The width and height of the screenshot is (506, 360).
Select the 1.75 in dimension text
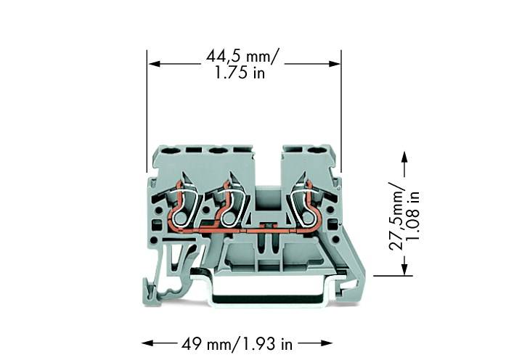pyautogui.click(x=240, y=73)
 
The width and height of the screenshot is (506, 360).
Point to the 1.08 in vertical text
pyautogui.click(x=414, y=216)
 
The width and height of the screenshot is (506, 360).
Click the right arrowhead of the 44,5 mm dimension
pyautogui.click(x=335, y=64)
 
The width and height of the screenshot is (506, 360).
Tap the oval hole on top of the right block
pyautogui.click(x=317, y=151)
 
